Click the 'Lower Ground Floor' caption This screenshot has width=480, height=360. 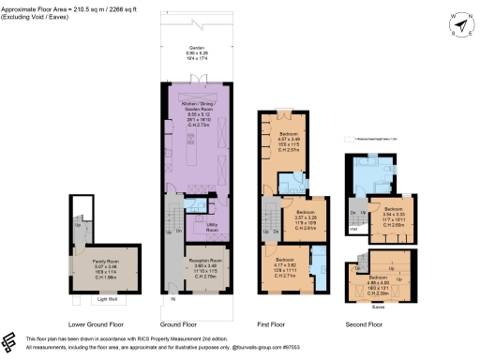tap(102, 324)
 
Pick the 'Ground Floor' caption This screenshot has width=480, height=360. tap(190, 324)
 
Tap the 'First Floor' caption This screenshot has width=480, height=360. tap(271, 324)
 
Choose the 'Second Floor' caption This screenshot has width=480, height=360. tap(363, 324)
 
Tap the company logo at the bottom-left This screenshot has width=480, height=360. tap(10, 340)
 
